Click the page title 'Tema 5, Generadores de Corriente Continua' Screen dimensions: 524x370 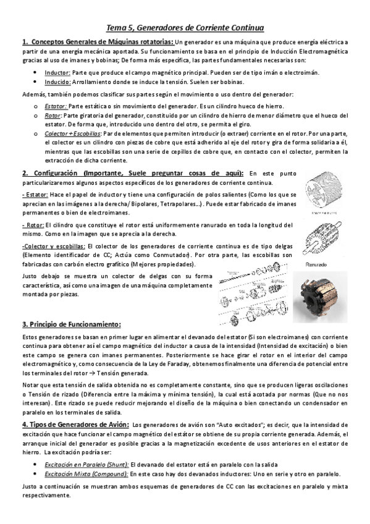coord(185,28)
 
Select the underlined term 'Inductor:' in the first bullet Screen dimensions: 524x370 coord(57,72)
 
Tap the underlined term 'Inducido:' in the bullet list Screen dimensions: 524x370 coord(57,82)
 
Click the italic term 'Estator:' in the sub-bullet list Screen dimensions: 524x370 coord(56,106)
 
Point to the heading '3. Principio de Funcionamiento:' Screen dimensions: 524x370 coord(71,324)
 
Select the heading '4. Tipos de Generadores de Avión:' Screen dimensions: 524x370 coord(75,425)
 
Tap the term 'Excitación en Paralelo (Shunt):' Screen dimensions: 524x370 coord(86,464)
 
